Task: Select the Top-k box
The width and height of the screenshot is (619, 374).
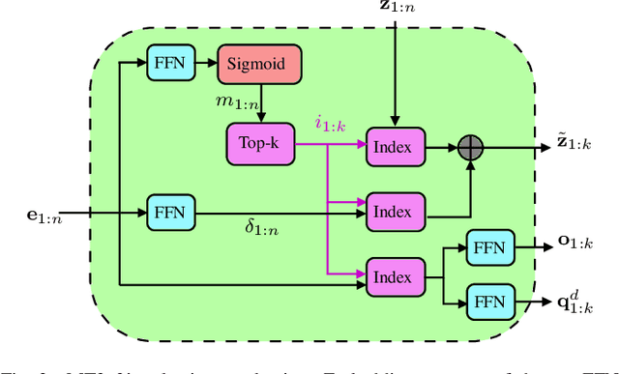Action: coord(259,145)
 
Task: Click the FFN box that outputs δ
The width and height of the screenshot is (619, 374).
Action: coord(169,212)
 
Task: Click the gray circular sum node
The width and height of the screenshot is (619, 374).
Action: coord(470,148)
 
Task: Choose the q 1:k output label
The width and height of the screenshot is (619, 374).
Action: coord(575,303)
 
